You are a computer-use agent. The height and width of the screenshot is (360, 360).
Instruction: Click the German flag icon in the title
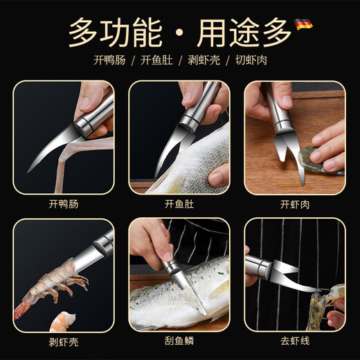[303, 24]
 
